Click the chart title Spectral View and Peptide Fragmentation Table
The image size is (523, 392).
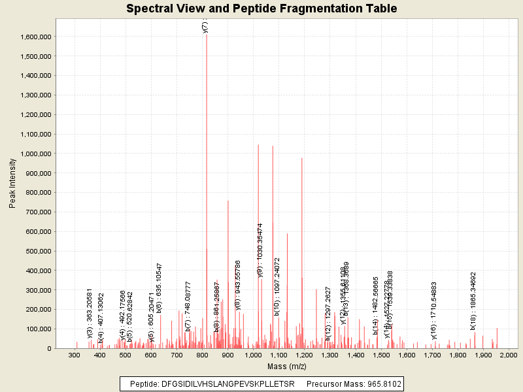pyautogui.click(x=261, y=9)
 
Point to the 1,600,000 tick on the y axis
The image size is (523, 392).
pyautogui.click(x=35, y=37)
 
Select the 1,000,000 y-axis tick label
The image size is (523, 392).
pyautogui.click(x=35, y=154)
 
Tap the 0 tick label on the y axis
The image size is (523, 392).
pyautogui.click(x=49, y=348)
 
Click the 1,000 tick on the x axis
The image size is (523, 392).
pyautogui.click(x=253, y=355)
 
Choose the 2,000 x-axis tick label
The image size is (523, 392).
pyautogui.click(x=509, y=355)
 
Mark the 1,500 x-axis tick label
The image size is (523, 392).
pyautogui.click(x=380, y=355)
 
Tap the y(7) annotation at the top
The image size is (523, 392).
pyautogui.click(x=205, y=27)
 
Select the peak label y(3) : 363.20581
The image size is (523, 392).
pyautogui.click(x=90, y=314)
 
